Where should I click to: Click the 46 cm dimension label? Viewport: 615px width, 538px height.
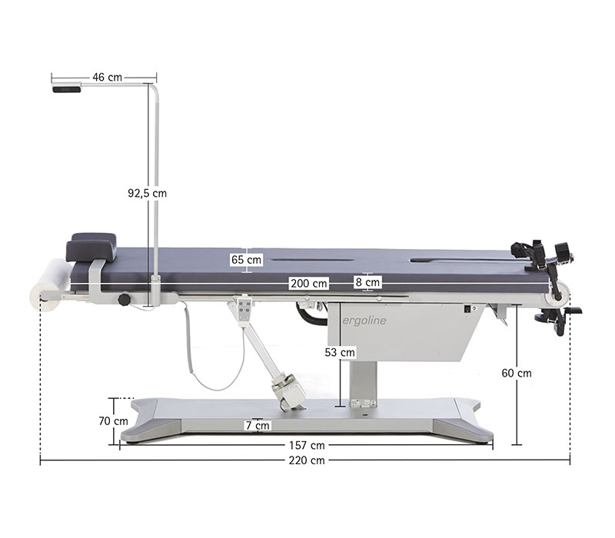107,78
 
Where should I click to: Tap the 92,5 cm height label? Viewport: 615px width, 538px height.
147,193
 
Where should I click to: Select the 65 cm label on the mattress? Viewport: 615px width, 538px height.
246,260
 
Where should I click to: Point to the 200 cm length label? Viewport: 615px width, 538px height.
309,283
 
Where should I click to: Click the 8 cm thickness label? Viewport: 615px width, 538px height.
367,282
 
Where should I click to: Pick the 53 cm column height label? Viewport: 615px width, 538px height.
340,353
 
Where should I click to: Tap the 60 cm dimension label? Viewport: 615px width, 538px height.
517,373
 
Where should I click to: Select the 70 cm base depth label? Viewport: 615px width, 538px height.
113,421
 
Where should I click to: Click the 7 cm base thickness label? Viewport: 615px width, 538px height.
258,426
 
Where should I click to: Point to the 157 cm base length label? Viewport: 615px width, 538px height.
307,446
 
